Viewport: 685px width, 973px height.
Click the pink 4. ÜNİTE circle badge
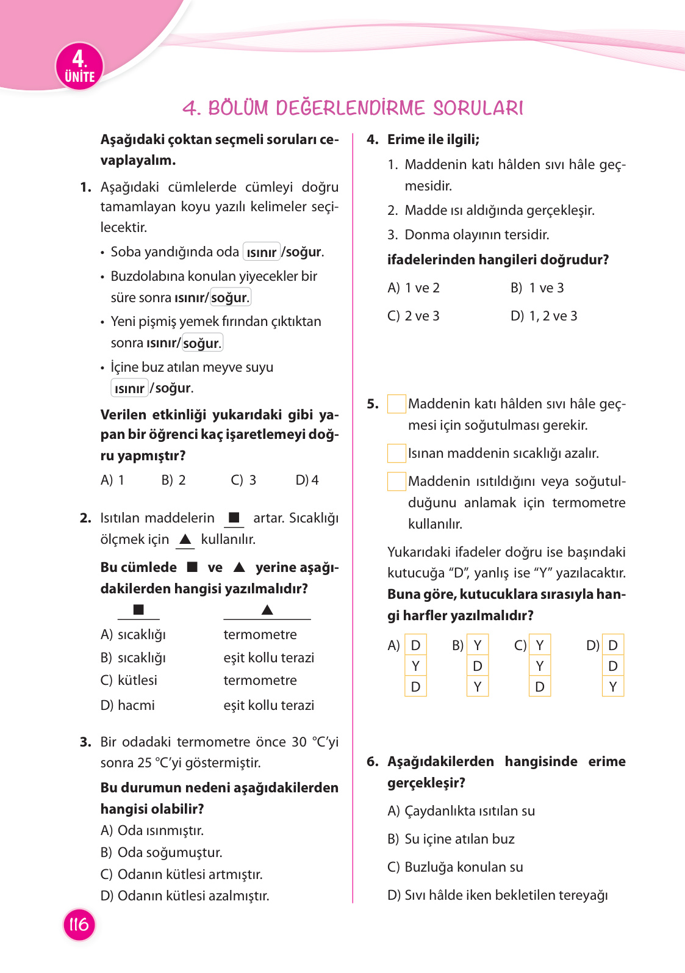(x=79, y=67)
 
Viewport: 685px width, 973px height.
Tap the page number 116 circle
(x=79, y=924)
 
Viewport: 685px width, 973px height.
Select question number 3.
(x=85, y=742)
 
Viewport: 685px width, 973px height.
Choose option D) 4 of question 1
(x=307, y=480)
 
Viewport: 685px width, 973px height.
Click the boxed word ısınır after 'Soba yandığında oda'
(x=261, y=252)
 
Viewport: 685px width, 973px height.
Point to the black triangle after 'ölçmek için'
(x=185, y=539)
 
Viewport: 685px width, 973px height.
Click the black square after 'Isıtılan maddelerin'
(x=234, y=518)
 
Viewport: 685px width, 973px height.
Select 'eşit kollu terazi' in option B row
(x=268, y=657)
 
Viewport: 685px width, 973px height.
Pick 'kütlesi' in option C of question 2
(x=137, y=680)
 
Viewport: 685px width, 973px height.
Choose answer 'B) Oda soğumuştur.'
(x=162, y=852)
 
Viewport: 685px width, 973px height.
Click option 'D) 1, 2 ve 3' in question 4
(x=543, y=316)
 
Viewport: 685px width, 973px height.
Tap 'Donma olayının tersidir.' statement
(x=476, y=234)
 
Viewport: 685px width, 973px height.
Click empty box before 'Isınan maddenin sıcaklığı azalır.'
(x=396, y=453)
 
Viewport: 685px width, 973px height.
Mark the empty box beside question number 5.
(x=396, y=404)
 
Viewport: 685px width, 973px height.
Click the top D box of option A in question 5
(x=415, y=645)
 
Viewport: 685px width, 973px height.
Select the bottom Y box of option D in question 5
(x=612, y=687)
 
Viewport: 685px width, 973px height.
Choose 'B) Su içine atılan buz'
(x=451, y=839)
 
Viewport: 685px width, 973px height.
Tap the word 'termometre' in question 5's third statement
(x=589, y=502)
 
